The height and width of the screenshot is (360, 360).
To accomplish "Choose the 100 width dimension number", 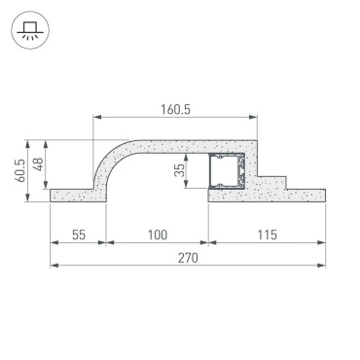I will pyautogui.click(x=156, y=234).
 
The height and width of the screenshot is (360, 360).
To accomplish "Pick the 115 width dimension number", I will pyautogui.click(x=266, y=234).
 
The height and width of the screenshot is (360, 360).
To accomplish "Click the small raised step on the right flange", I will pyautogui.click(x=275, y=182).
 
